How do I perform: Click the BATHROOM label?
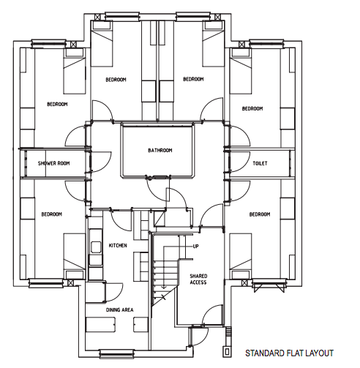(160, 150)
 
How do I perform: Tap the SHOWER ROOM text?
(53, 163)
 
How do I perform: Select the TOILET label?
(260, 163)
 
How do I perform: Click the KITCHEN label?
(118, 245)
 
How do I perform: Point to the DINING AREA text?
(119, 309)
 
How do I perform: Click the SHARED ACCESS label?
(198, 279)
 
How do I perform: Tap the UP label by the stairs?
(195, 247)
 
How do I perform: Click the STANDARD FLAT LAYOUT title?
(289, 353)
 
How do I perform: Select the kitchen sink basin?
(96, 247)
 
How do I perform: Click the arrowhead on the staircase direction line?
(164, 288)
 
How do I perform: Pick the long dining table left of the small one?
(100, 324)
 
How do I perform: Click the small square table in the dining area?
(140, 324)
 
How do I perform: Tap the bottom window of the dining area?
(117, 354)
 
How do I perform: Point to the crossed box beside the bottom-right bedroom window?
(244, 283)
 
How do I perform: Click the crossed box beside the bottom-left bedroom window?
(70, 283)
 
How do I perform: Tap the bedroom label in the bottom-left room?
(51, 214)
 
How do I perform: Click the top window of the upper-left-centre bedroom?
(123, 17)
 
